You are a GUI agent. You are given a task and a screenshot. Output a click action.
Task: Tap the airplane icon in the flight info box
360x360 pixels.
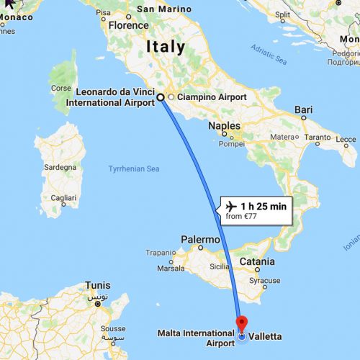[x=230, y=206]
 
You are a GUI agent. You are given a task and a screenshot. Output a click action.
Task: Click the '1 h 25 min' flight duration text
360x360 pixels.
[x=264, y=206]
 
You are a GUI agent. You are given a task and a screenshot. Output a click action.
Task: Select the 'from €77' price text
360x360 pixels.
[x=242, y=215]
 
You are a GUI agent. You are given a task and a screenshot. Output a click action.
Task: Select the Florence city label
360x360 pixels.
[x=128, y=24]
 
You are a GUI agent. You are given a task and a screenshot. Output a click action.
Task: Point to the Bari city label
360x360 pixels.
[x=303, y=110]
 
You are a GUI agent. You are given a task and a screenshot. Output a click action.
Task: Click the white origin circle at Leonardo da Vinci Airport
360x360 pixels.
[x=161, y=97]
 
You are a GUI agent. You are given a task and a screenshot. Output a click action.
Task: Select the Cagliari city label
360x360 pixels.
[x=60, y=197]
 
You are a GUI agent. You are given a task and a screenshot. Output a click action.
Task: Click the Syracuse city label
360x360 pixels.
[x=265, y=280]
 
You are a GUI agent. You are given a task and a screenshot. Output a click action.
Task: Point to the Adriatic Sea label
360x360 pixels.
[x=269, y=53]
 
